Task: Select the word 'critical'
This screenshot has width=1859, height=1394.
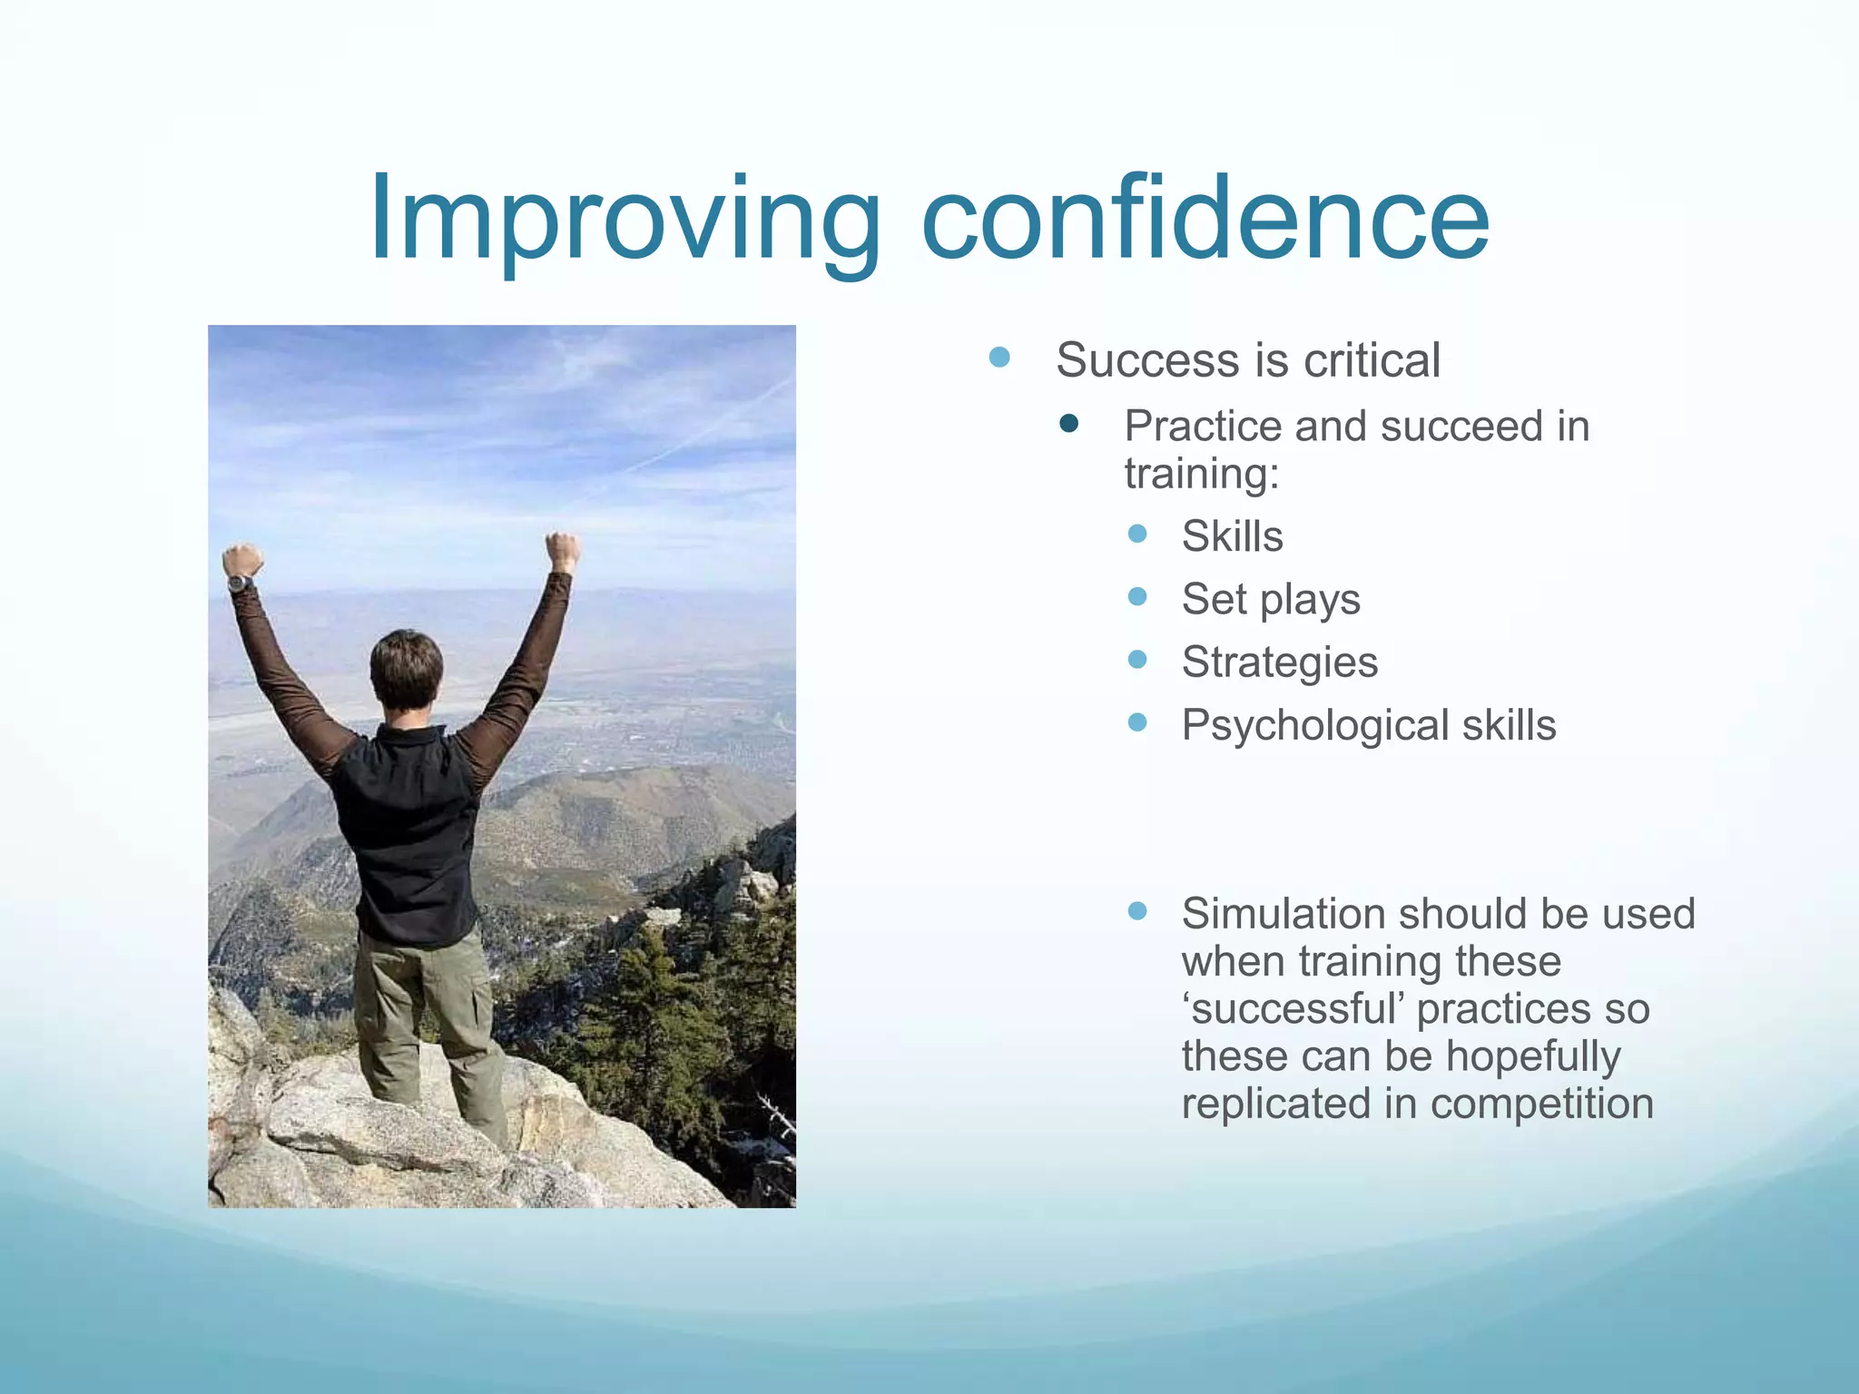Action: coord(1372,360)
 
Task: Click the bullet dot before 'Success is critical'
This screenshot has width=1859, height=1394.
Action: coord(999,357)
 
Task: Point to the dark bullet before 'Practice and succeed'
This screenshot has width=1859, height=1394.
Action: coord(1069,423)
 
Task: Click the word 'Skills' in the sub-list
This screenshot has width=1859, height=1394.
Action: coord(1232,536)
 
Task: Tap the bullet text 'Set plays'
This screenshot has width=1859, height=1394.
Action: coord(1271,600)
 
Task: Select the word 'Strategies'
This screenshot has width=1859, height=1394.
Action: coord(1279,663)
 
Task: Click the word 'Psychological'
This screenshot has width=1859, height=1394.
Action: coord(1315,726)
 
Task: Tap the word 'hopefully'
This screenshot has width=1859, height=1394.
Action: coord(1533,1057)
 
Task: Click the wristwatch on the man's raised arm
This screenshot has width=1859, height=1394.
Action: coord(239,583)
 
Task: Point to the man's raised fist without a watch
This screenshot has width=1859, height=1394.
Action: coord(563,550)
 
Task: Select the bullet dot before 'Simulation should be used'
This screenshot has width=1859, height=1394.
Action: coord(1137,910)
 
